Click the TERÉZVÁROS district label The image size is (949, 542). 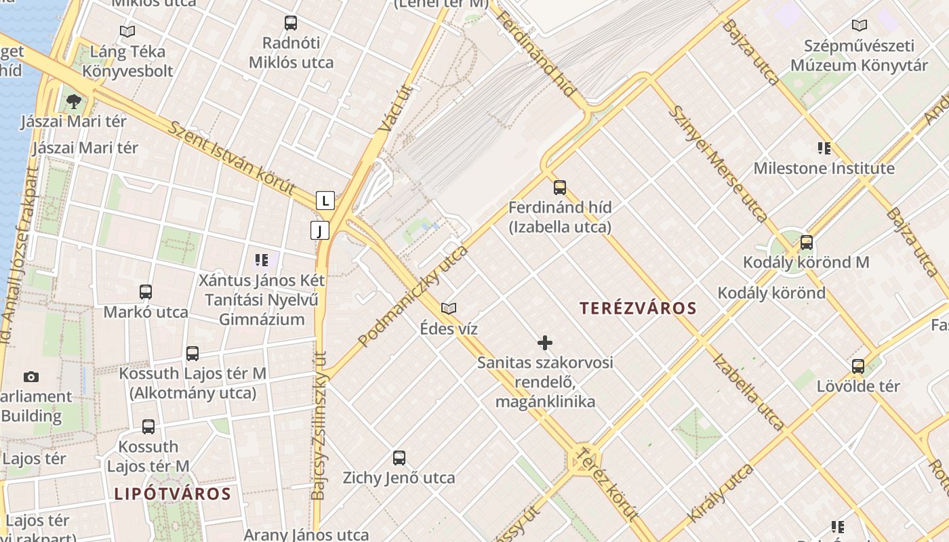[638, 308]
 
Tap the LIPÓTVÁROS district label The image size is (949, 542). [172, 493]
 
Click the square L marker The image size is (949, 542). [325, 201]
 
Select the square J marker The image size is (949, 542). [320, 230]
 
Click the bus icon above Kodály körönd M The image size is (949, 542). [806, 243]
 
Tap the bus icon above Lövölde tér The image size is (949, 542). [858, 367]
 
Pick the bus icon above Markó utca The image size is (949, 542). [146, 292]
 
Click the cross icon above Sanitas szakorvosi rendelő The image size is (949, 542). [545, 343]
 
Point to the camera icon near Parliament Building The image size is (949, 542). [31, 377]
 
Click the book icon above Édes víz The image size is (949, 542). [448, 309]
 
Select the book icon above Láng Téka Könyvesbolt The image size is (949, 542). [127, 31]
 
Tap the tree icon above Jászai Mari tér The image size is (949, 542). [73, 102]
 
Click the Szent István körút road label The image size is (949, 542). [232, 158]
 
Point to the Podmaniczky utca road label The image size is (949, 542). [413, 297]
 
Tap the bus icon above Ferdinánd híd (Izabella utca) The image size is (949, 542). [560, 188]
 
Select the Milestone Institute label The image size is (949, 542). [824, 168]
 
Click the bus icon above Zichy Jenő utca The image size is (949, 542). [399, 457]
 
